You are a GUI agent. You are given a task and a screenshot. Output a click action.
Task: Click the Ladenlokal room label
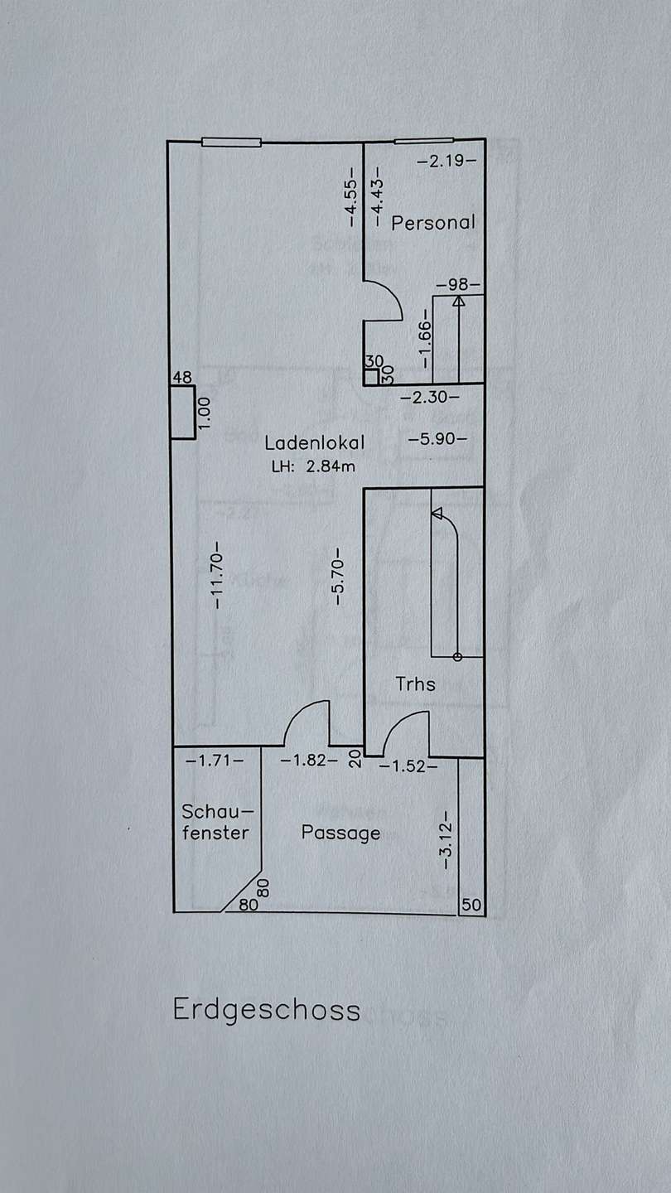[x=314, y=442]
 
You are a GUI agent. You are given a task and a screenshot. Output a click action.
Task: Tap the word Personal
[x=433, y=222]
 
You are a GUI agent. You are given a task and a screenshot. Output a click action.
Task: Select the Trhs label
[x=415, y=683]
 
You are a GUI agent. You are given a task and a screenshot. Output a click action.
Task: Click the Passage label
[x=340, y=833]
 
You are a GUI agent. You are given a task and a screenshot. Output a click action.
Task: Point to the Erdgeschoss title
[x=267, y=1009]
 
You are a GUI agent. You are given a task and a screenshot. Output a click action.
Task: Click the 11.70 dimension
[x=218, y=575]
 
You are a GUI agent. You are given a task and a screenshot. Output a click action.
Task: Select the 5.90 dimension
[x=437, y=439]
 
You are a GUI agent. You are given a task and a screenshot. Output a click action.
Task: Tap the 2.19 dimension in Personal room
[x=446, y=161]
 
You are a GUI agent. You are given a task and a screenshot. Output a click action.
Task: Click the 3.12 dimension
[x=447, y=840]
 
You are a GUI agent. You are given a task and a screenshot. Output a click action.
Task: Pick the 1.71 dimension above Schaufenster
[x=215, y=760]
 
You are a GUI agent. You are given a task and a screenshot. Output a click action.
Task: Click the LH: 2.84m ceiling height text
[x=313, y=466]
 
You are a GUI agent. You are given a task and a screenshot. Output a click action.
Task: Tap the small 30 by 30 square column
[x=371, y=376]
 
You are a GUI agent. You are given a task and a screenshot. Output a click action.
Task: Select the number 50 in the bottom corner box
[x=472, y=905]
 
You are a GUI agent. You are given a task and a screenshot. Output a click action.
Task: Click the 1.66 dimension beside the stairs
[x=424, y=338]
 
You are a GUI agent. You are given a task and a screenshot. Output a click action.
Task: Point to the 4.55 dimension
[x=351, y=197]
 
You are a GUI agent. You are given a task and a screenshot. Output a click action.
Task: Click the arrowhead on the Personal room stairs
[x=459, y=302]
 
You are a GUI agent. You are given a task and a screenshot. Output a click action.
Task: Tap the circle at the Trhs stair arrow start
[x=457, y=657]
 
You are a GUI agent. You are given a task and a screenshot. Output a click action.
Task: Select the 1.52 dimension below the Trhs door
[x=408, y=766]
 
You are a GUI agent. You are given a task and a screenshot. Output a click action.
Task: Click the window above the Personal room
[x=424, y=141]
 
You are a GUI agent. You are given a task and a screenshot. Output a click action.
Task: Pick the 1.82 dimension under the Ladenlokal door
[x=309, y=760]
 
